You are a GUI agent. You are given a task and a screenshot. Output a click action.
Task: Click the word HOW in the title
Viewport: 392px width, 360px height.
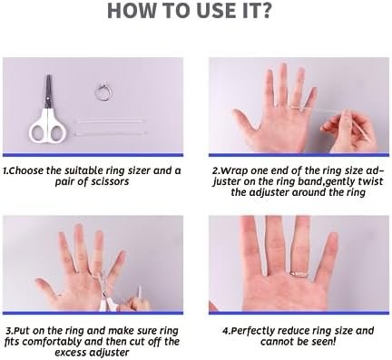tap(132, 14)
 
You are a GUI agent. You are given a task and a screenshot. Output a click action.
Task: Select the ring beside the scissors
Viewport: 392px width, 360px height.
tap(100, 91)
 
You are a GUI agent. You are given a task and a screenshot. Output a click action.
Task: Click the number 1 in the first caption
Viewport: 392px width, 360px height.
tap(5, 169)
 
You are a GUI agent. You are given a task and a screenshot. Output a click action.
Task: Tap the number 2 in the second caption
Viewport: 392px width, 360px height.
tap(216, 169)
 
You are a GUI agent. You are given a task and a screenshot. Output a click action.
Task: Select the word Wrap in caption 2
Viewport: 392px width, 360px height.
tap(237, 169)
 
